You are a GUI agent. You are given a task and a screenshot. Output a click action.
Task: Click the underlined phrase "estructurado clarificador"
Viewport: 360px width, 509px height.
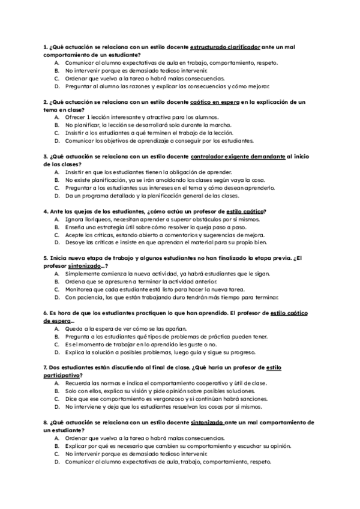point(225,47)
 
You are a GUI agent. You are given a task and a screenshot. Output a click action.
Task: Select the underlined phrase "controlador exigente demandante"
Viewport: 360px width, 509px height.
point(238,157)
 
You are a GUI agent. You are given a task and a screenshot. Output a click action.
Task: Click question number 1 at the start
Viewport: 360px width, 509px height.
point(46,47)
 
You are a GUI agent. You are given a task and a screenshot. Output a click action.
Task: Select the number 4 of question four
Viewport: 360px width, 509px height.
point(46,211)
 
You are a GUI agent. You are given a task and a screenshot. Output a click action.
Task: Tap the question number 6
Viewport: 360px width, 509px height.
point(46,313)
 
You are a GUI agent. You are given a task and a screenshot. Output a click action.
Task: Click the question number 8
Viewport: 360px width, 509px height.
point(46,422)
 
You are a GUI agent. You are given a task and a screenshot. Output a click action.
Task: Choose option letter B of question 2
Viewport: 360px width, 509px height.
point(56,125)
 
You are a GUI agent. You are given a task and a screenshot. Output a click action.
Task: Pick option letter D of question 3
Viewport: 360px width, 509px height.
point(56,196)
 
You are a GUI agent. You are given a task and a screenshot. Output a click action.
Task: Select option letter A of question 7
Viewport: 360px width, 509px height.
point(56,383)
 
